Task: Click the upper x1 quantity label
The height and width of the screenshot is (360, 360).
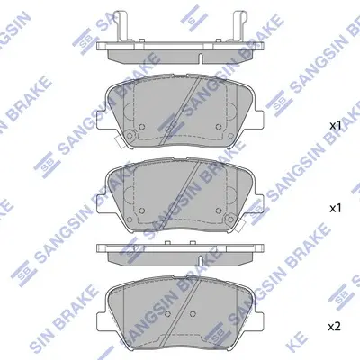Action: (x=336, y=126)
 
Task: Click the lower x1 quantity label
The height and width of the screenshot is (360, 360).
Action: (x=336, y=209)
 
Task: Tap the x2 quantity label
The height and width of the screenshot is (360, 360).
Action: (x=336, y=327)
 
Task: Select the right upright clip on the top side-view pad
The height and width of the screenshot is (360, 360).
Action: (x=239, y=26)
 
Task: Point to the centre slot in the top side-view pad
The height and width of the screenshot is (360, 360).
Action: (x=201, y=58)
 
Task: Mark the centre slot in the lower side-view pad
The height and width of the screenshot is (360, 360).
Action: (x=201, y=260)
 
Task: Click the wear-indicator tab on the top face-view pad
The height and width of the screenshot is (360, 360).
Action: (x=120, y=141)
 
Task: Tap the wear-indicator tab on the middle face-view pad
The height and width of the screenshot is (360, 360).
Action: (x=240, y=226)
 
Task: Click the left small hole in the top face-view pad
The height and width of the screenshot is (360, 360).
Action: (x=142, y=127)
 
